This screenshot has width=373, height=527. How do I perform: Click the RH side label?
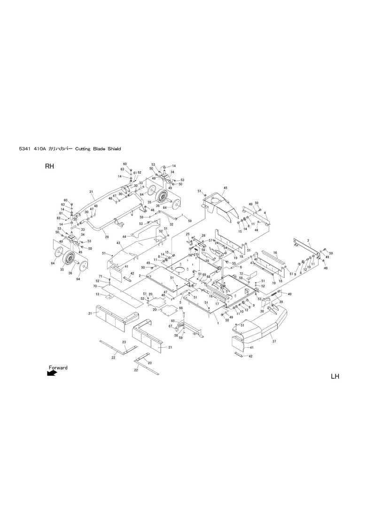click(50, 167)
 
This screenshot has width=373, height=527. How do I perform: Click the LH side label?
click(334, 376)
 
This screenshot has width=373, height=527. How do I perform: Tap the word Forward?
click(58, 367)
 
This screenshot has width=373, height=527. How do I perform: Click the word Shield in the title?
click(114, 148)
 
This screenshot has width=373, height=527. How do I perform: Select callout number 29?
click(107, 237)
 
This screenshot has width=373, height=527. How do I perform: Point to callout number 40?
click(289, 294)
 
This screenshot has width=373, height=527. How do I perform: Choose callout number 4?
click(265, 213)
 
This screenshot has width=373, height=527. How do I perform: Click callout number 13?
click(97, 294)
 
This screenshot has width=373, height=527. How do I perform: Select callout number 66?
click(180, 308)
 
